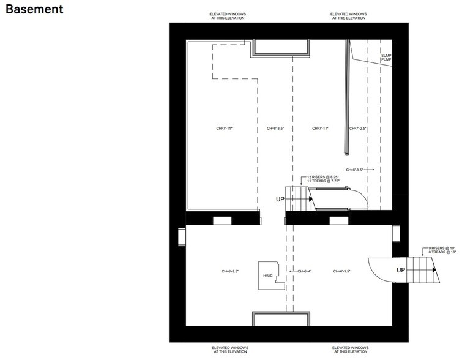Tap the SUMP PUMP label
386,57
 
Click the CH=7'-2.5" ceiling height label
357,129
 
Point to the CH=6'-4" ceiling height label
304,271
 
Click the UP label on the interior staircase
281,199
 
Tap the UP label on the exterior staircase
401,269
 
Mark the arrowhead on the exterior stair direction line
433,269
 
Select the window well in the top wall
280,48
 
